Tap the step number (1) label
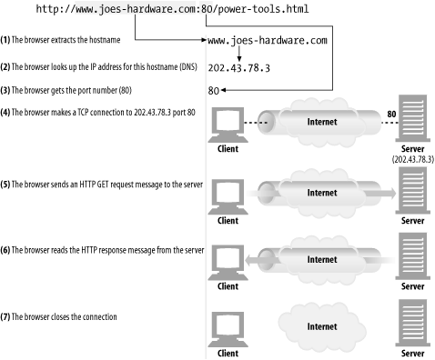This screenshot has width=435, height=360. (7, 42)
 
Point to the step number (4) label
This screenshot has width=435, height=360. (7, 113)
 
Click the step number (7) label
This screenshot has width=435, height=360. (7, 317)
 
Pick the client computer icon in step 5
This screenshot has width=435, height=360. (228, 195)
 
